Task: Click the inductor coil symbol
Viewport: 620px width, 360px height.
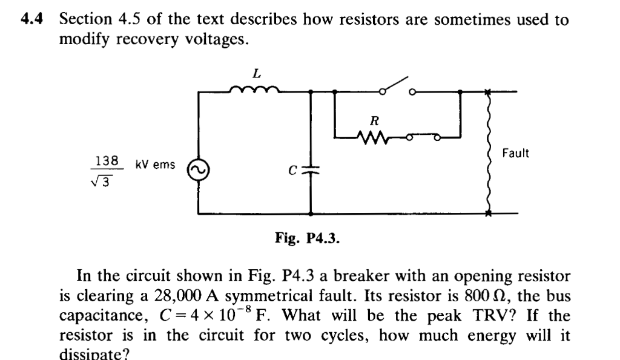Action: [x=255, y=91]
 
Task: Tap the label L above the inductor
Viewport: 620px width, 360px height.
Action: [x=256, y=73]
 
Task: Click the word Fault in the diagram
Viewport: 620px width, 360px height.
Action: [x=515, y=153]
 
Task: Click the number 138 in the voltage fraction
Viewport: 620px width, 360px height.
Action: [x=107, y=160]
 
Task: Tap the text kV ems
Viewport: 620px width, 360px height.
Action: [x=155, y=165]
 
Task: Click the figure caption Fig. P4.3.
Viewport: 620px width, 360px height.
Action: [x=307, y=238]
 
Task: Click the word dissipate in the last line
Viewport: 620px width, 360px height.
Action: [x=93, y=354]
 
